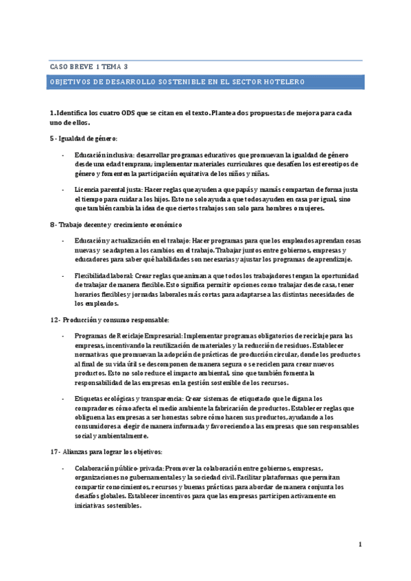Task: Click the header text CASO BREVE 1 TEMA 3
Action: click(89, 66)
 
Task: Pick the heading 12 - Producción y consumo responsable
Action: click(109, 320)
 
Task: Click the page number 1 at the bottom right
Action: click(360, 545)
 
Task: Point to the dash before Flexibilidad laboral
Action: click(62, 275)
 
